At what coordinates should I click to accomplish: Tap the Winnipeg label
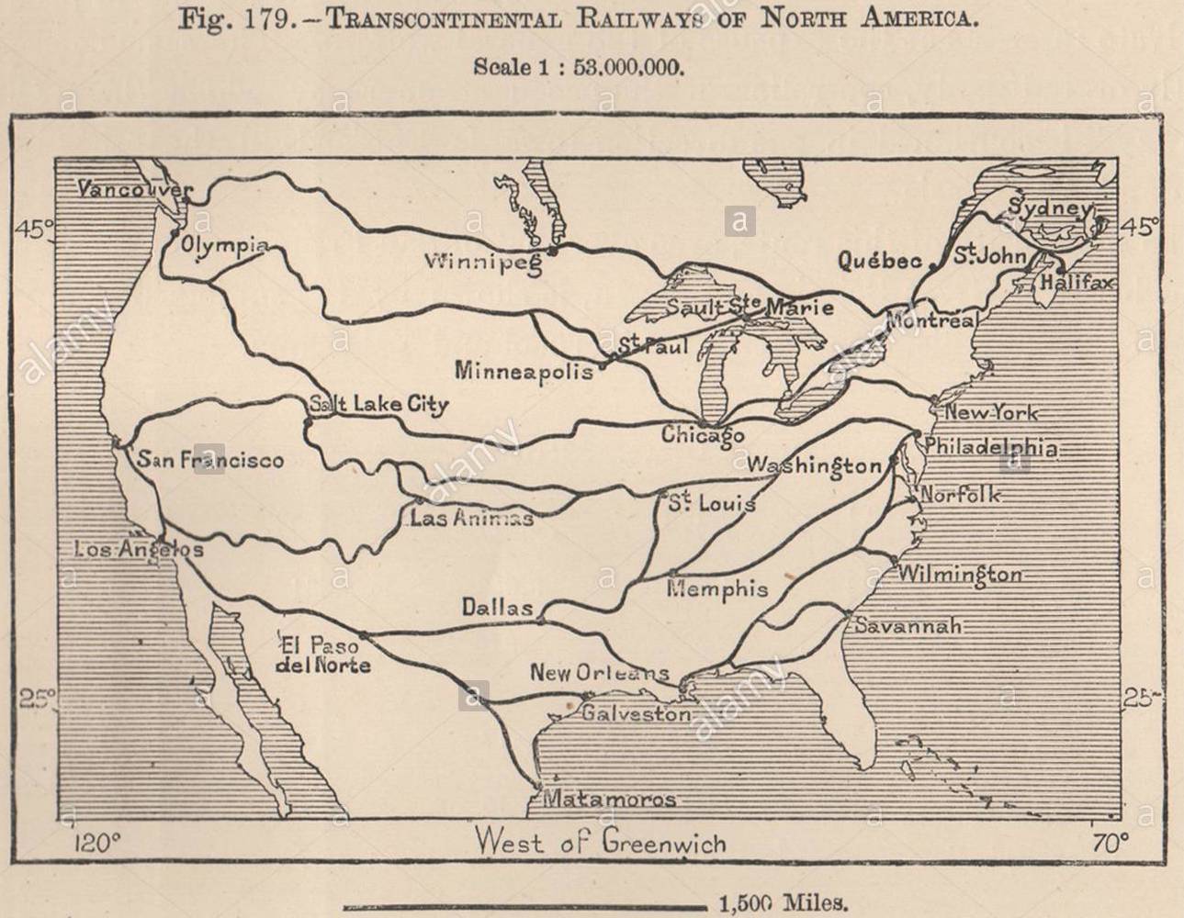click(482, 263)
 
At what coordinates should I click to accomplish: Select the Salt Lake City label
click(378, 404)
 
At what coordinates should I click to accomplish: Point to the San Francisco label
click(210, 459)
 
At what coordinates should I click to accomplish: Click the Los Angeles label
click(138, 549)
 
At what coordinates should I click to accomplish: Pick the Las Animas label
click(471, 519)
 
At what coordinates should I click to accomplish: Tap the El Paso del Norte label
click(323, 655)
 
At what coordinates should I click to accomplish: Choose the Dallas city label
click(497, 608)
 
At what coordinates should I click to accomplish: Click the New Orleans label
click(599, 673)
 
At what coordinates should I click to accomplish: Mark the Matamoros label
click(609, 800)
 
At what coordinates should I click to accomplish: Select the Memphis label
click(717, 588)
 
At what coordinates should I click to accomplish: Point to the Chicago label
click(703, 434)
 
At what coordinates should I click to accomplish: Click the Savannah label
click(908, 626)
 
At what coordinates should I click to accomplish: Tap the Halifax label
click(1076, 283)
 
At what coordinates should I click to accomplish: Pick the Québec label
click(879, 262)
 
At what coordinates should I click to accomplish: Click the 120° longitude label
click(96, 842)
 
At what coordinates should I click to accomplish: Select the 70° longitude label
click(1110, 842)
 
